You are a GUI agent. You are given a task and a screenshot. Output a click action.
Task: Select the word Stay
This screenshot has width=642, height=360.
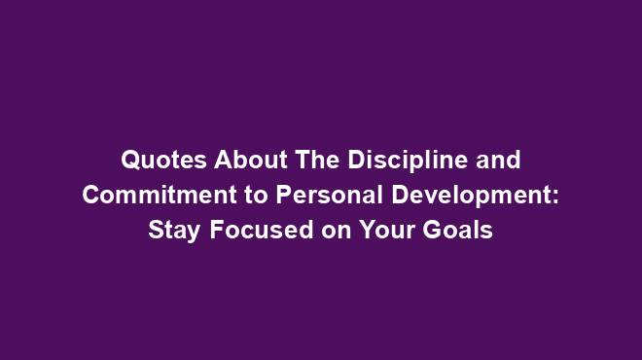pyautogui.click(x=169, y=231)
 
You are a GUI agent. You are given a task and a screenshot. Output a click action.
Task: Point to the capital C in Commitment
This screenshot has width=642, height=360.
pyautogui.click(x=90, y=194)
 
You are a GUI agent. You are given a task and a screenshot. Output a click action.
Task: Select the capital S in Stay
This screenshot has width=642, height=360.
pyautogui.click(x=154, y=231)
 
